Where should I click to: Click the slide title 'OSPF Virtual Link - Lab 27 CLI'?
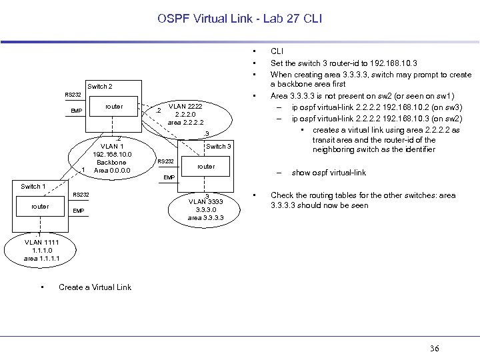click(239, 19)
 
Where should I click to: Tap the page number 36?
click(435, 348)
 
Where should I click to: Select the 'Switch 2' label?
click(100, 87)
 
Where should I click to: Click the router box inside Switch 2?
click(114, 107)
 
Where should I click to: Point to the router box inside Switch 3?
click(206, 166)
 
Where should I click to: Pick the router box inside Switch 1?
click(40, 206)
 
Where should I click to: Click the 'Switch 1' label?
click(33, 187)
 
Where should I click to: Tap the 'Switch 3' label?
click(219, 147)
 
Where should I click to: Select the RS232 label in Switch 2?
click(73, 95)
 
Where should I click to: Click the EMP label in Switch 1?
click(79, 211)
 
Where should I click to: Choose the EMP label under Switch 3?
click(169, 177)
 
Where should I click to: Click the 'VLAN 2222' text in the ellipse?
click(185, 106)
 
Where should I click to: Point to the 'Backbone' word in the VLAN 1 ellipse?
click(111, 163)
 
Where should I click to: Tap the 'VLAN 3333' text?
click(205, 201)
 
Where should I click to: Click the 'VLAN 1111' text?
click(41, 242)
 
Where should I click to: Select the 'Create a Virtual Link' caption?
click(95, 287)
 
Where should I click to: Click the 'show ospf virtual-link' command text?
click(329, 173)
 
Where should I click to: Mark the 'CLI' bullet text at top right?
click(277, 51)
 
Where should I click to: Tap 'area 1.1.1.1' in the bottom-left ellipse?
click(41, 257)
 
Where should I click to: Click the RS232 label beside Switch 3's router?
click(166, 161)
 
